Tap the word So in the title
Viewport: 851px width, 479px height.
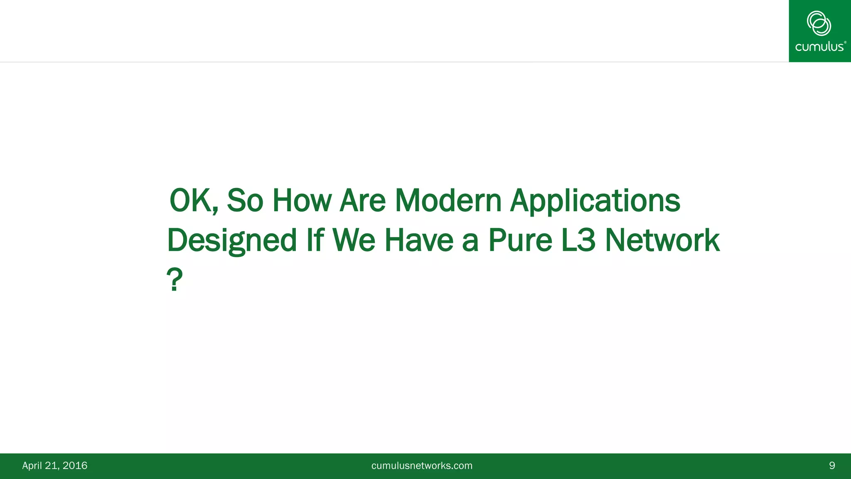(x=245, y=201)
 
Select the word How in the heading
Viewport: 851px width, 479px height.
(x=302, y=201)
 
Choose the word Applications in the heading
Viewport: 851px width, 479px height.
(x=595, y=201)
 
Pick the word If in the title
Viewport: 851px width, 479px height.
(x=315, y=241)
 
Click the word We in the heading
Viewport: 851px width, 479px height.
(x=354, y=241)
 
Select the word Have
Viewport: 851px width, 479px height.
(x=419, y=241)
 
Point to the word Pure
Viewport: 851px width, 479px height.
(x=520, y=241)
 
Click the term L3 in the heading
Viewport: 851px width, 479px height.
(x=578, y=241)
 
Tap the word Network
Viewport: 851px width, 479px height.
(x=662, y=241)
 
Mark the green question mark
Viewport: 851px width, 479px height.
(x=175, y=279)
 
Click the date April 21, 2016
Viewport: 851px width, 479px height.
(x=55, y=466)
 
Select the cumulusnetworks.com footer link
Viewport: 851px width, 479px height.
(x=422, y=466)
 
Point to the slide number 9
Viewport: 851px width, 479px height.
(x=832, y=466)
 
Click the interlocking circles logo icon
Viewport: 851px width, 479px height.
(x=819, y=23)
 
